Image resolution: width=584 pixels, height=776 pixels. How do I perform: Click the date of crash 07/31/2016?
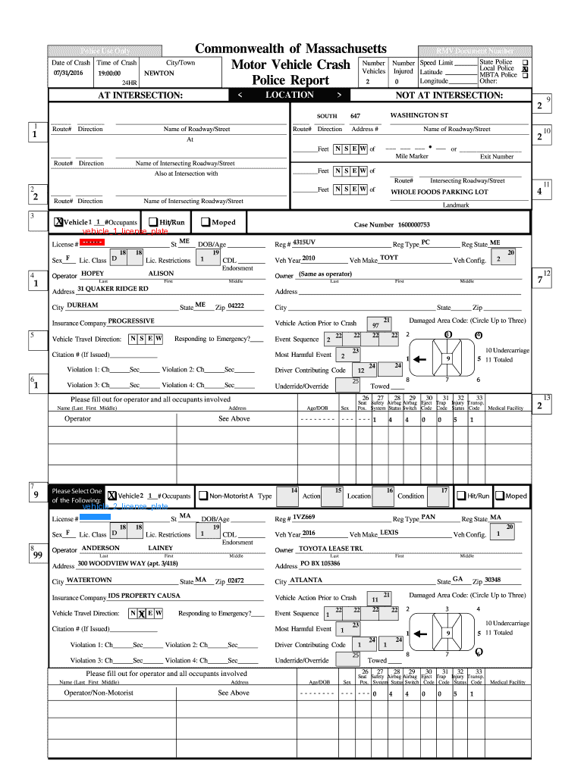pyautogui.click(x=68, y=74)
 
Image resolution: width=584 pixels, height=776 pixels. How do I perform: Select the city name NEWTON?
pyautogui.click(x=159, y=74)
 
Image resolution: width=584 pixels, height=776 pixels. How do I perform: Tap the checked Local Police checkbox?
pyautogui.click(x=525, y=68)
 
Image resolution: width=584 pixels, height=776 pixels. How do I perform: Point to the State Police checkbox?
pyautogui.click(x=525, y=61)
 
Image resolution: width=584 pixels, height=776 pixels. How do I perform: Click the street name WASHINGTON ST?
pyautogui.click(x=419, y=115)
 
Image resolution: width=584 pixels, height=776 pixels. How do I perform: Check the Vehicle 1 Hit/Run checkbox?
pyautogui.click(x=153, y=222)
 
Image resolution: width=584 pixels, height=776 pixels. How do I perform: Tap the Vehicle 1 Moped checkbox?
pyautogui.click(x=205, y=222)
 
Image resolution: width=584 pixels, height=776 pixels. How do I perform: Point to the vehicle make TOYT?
pyautogui.click(x=388, y=258)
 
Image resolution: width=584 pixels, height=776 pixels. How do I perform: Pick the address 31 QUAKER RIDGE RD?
pyautogui.click(x=113, y=289)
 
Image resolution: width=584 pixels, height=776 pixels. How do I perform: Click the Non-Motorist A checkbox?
pyautogui.click(x=203, y=496)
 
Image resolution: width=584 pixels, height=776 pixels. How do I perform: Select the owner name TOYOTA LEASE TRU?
pyautogui.click(x=331, y=548)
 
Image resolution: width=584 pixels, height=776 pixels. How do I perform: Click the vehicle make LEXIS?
pyautogui.click(x=388, y=533)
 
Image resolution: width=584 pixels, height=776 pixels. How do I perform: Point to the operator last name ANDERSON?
pyautogui.click(x=100, y=547)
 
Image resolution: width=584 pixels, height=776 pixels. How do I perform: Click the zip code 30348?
pyautogui.click(x=492, y=580)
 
